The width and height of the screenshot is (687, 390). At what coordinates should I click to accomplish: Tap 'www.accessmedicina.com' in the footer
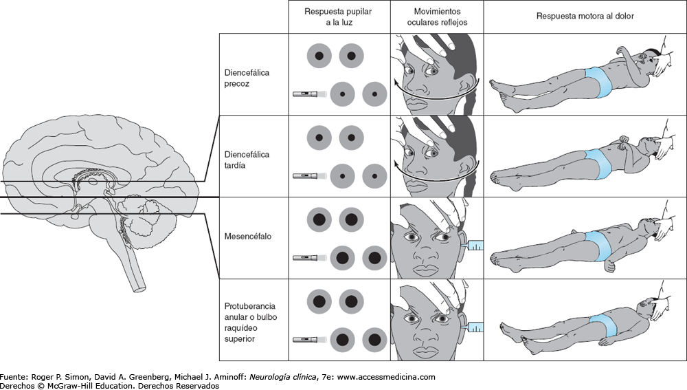(x=387, y=377)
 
